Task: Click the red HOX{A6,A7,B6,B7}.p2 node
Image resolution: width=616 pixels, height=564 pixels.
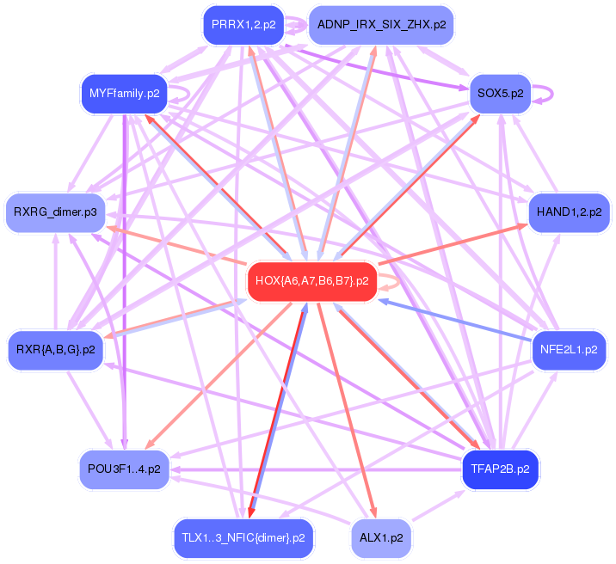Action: [312, 281]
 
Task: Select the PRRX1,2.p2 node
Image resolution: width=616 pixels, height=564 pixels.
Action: [243, 25]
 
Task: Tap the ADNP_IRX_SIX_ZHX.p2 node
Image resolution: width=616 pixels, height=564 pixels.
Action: [381, 25]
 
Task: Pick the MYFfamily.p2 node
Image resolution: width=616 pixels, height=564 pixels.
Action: [125, 93]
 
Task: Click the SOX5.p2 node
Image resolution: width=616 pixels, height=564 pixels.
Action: [500, 93]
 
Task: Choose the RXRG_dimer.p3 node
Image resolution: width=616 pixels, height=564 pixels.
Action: [55, 211]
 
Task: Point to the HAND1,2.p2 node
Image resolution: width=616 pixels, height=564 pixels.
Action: [569, 211]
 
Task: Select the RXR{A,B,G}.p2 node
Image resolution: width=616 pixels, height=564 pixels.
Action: [55, 350]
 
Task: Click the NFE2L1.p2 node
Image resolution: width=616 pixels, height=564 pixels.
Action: [569, 350]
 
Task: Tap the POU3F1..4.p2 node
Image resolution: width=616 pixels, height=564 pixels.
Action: [124, 469]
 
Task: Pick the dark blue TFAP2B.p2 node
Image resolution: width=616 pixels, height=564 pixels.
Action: [500, 469]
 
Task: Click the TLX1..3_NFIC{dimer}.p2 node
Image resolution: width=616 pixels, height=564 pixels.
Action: [243, 538]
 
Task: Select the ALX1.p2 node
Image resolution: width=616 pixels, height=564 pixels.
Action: [382, 538]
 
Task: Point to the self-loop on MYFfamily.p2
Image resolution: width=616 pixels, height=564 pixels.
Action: [183, 89]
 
